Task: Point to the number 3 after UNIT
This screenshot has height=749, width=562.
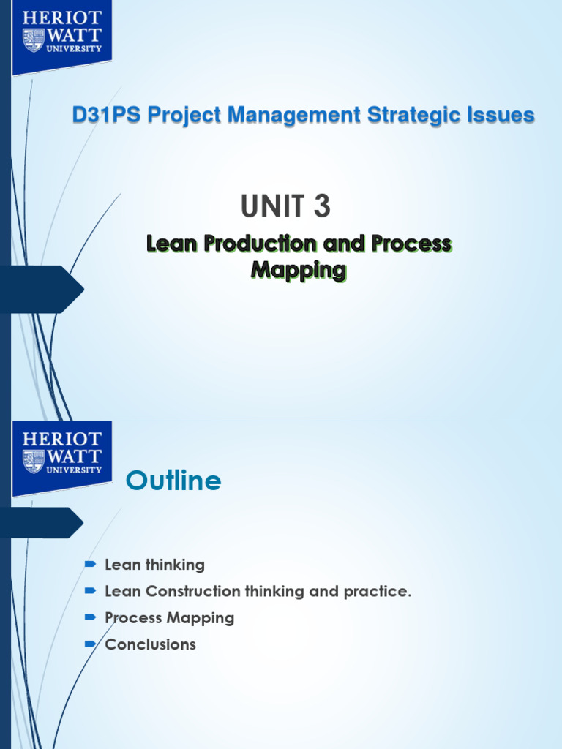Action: click(x=322, y=208)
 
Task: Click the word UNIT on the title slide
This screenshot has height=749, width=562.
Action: click(x=271, y=208)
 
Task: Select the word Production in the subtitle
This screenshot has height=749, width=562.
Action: click(x=260, y=244)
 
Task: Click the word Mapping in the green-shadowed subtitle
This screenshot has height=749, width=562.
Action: click(x=298, y=270)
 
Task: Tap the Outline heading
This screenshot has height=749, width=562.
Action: click(x=173, y=481)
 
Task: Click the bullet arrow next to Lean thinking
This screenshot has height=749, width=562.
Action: click(x=90, y=565)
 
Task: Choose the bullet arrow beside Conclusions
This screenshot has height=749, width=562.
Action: click(x=90, y=644)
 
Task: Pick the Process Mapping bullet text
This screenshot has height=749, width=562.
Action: click(x=170, y=617)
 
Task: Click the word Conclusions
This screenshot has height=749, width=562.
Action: click(x=151, y=644)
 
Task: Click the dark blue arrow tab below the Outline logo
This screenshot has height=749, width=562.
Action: click(x=40, y=522)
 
